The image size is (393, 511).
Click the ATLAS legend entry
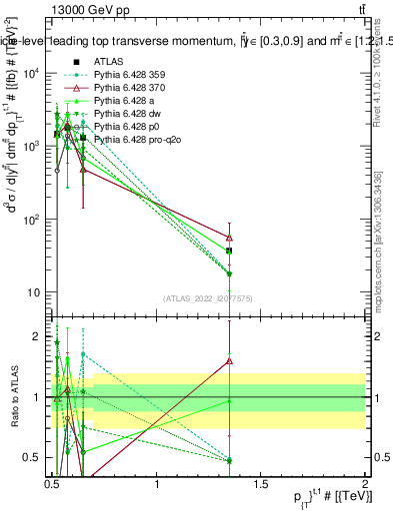108,62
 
